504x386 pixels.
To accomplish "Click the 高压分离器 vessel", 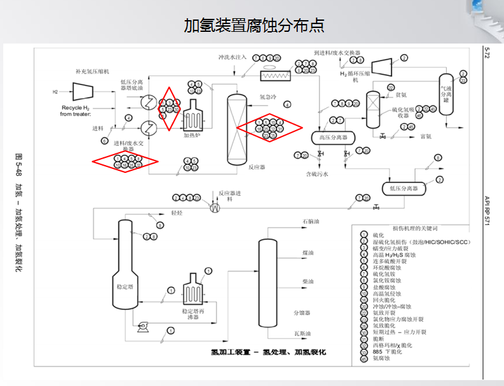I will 333,138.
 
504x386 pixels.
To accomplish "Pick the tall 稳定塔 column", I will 125,260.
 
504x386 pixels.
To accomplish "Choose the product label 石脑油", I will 311,222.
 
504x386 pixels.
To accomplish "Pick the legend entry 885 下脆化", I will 388,352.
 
